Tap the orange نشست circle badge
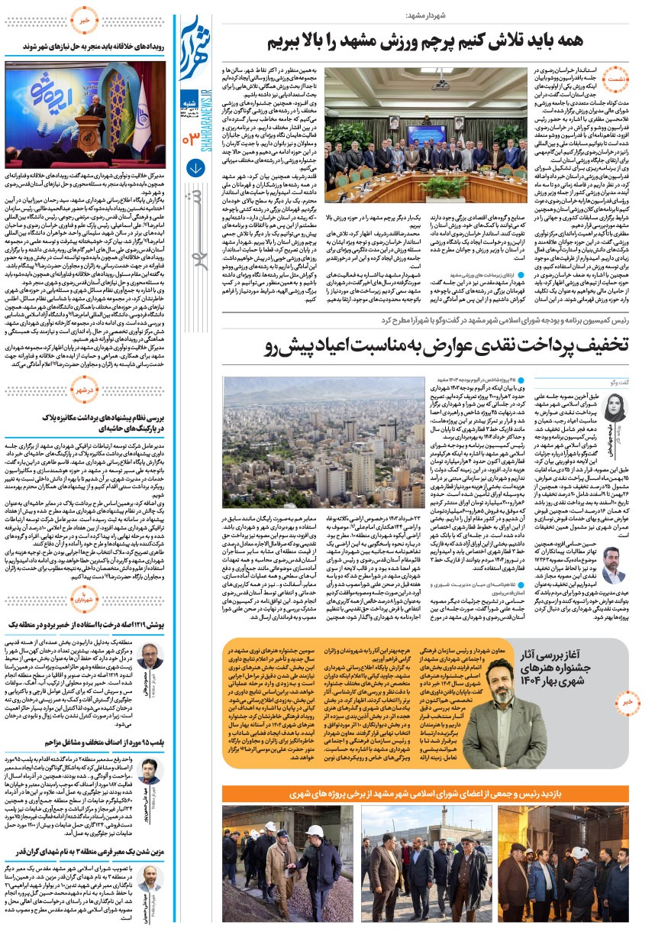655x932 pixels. [618, 77]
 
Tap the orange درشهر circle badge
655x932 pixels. [86, 390]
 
